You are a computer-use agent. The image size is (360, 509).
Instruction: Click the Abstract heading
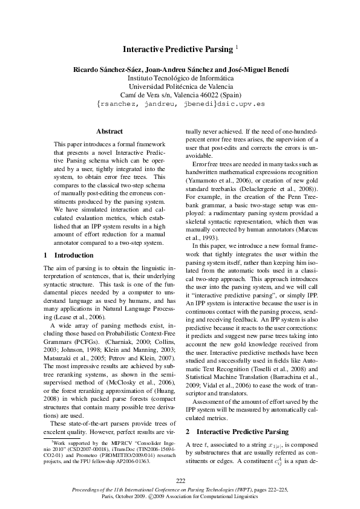tap(109, 131)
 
